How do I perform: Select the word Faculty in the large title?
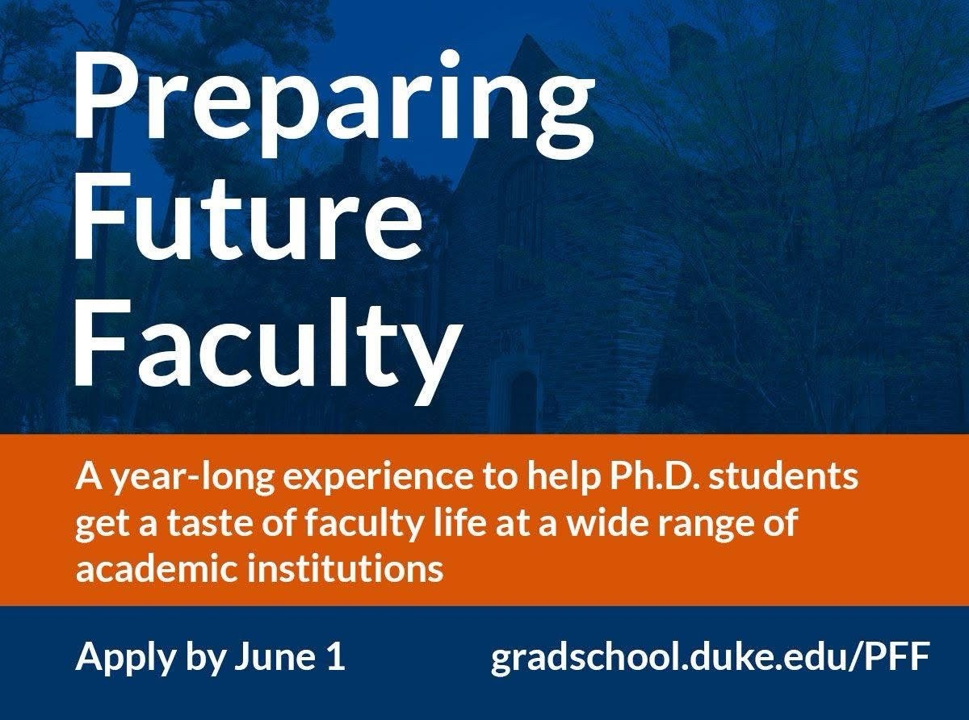(267, 341)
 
